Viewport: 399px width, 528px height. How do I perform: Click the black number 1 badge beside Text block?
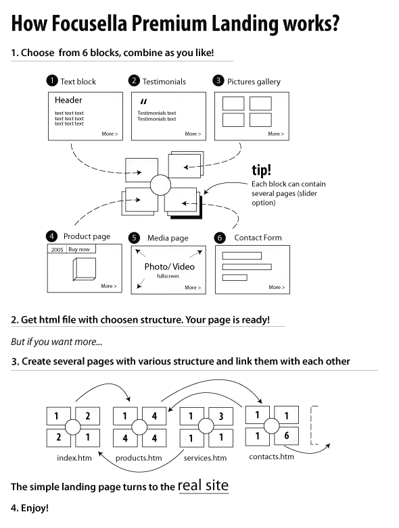pos(52,81)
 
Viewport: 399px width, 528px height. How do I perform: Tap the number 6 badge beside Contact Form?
pos(220,238)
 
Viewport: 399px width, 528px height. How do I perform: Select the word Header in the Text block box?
pos(68,100)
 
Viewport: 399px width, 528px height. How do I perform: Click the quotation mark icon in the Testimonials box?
pos(143,101)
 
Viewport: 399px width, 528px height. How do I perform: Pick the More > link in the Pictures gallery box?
pos(276,134)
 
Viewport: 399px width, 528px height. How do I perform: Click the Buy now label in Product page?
pos(79,249)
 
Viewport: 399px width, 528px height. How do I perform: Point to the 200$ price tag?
pos(57,250)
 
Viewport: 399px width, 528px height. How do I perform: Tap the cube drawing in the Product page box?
pos(85,269)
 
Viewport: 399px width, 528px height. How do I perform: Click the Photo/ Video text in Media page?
pos(169,267)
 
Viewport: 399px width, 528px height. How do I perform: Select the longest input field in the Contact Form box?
pos(247,267)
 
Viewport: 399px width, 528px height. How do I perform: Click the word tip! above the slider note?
pos(262,170)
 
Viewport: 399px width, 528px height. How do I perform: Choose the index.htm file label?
pos(74,458)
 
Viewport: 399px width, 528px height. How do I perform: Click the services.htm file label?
pos(205,458)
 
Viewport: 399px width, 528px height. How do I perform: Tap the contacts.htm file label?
pos(271,456)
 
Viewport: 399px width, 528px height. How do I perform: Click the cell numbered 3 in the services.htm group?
pos(222,416)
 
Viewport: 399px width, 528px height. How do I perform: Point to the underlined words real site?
pos(204,485)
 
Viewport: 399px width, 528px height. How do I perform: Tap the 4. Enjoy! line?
pos(30,508)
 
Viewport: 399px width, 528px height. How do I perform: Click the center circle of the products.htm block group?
pos(139,427)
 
